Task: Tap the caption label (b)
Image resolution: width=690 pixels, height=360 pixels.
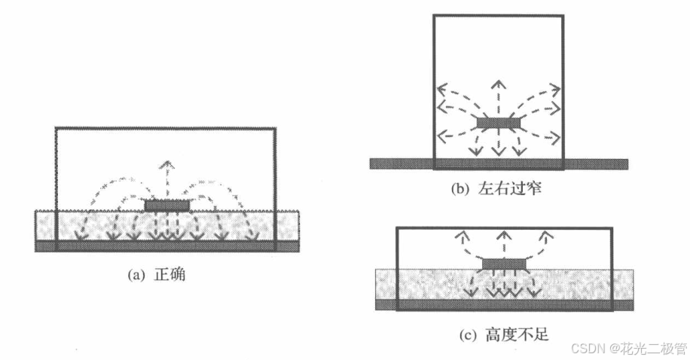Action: click(x=460, y=189)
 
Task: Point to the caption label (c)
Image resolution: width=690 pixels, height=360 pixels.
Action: click(x=460, y=332)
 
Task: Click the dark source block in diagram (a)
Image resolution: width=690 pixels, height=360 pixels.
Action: click(x=166, y=205)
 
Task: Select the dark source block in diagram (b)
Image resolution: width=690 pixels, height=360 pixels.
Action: click(x=496, y=121)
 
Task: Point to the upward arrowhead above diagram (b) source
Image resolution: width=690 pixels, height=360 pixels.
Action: click(x=496, y=82)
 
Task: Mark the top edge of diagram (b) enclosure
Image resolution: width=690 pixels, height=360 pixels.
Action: click(x=498, y=15)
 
